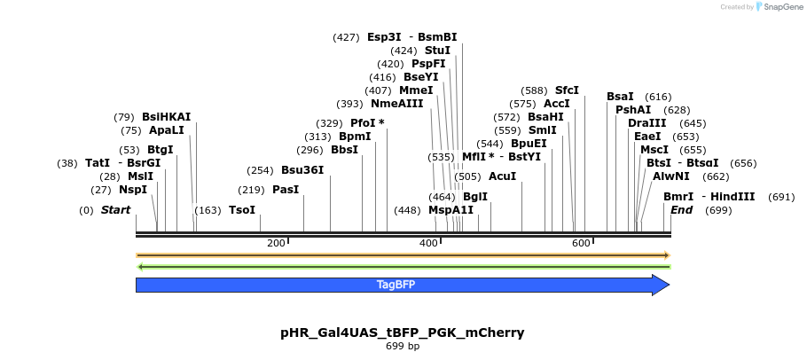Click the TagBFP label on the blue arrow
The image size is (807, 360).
(396, 285)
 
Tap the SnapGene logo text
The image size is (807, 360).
(780, 7)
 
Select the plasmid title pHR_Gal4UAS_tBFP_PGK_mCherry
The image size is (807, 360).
(403, 333)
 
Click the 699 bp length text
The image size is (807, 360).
(403, 346)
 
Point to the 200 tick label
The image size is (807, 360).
(276, 243)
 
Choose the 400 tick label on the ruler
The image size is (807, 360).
(428, 243)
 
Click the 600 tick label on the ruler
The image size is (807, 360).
(581, 243)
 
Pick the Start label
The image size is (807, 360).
(115, 210)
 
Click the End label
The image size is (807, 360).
(681, 210)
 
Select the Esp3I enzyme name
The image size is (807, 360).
(384, 37)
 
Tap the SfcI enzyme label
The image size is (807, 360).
(567, 90)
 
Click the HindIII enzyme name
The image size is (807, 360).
(733, 197)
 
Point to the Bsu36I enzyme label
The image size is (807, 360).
(302, 170)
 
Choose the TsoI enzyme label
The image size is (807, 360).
(242, 210)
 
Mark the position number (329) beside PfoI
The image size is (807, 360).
(329, 123)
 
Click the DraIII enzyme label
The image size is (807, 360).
(646, 123)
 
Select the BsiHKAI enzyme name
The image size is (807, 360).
(166, 117)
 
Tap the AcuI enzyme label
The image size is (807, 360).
(502, 176)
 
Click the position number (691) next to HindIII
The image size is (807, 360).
(781, 197)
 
